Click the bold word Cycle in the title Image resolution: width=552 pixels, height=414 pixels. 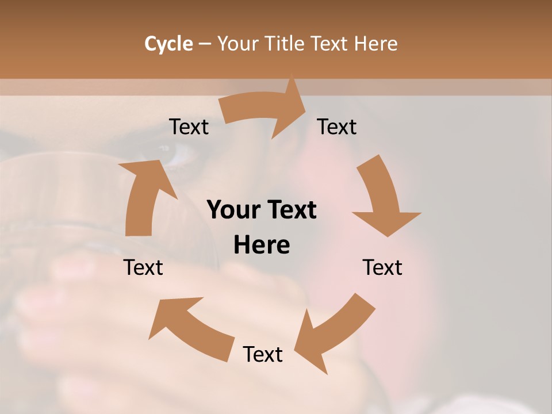(x=168, y=44)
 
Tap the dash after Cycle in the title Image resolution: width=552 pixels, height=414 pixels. (x=205, y=44)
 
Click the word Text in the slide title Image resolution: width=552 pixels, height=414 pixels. (x=331, y=44)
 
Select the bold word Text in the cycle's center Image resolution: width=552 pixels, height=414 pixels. (x=289, y=210)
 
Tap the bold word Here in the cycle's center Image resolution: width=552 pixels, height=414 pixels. (x=262, y=246)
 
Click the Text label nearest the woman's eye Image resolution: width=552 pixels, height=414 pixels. (x=189, y=127)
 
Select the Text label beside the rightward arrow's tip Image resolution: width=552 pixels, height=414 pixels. (x=337, y=127)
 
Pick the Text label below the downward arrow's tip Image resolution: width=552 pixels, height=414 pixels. (x=382, y=267)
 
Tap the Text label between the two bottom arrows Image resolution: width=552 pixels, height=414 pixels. (x=263, y=354)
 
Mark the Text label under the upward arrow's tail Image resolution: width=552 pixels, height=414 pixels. (x=143, y=267)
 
